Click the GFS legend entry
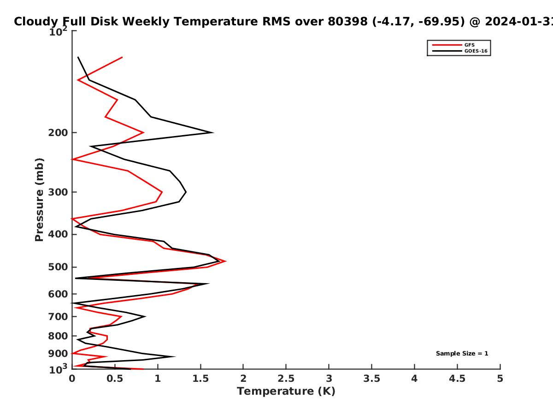click(x=453, y=45)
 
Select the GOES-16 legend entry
click(x=460, y=51)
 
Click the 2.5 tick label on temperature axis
click(x=286, y=379)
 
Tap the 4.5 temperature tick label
click(x=457, y=379)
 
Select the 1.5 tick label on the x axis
click(x=200, y=379)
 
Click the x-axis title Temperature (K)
click(x=286, y=391)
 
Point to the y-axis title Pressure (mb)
click(x=39, y=200)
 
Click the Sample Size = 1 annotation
click(x=462, y=354)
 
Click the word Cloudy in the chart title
click(x=36, y=22)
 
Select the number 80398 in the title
click(x=347, y=22)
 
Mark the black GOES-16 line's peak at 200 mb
click(x=213, y=132)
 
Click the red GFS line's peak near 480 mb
click(x=226, y=261)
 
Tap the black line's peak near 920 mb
click(x=175, y=356)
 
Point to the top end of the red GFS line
click(x=122, y=58)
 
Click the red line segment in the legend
click(x=447, y=45)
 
